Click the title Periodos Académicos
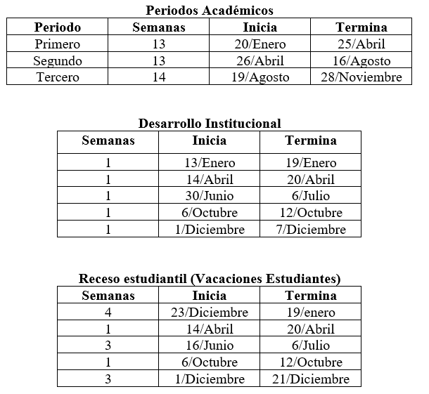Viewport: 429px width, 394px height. [x=209, y=10]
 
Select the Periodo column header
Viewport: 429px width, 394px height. [x=58, y=27]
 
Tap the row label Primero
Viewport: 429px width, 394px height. [x=58, y=44]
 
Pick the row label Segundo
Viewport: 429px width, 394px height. [x=58, y=61]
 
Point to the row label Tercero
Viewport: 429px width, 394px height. [x=58, y=77]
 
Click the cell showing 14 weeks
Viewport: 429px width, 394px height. [x=159, y=77]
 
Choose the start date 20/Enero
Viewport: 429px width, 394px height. [x=260, y=44]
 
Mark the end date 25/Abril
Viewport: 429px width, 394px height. [x=361, y=44]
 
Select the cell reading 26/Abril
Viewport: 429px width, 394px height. [x=260, y=61]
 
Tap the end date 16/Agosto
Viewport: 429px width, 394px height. [x=361, y=61]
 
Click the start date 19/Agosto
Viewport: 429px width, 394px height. [x=260, y=77]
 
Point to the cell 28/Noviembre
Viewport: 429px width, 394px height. [x=361, y=77]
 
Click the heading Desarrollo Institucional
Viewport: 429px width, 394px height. [x=209, y=124]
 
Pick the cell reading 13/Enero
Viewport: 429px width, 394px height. [x=209, y=163]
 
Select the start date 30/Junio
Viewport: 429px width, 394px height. [x=209, y=196]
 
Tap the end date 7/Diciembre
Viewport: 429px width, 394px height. [x=310, y=230]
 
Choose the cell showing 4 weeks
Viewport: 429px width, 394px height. [x=108, y=313]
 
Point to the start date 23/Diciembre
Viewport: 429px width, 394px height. [x=209, y=313]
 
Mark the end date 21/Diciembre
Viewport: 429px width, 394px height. [x=310, y=379]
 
